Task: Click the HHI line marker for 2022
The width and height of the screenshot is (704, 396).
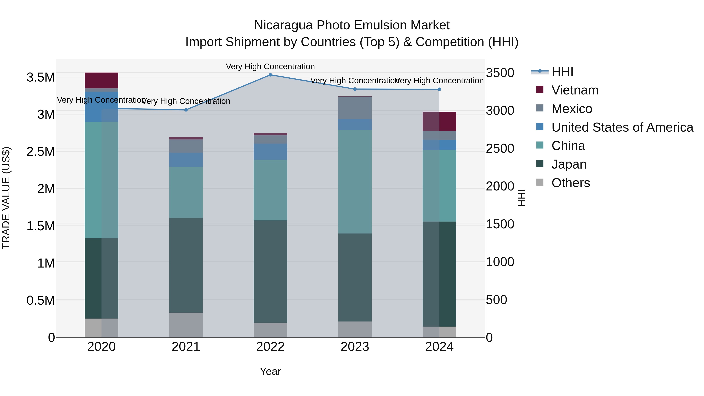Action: [x=270, y=75]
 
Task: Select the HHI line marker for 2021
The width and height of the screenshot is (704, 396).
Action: [x=186, y=110]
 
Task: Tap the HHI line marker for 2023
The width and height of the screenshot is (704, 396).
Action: [x=355, y=89]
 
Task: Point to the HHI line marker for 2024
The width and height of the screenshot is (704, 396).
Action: [x=439, y=89]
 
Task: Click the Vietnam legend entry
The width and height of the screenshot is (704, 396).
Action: [x=575, y=90]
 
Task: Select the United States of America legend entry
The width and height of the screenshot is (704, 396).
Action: [x=622, y=127]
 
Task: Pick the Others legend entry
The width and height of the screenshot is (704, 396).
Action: [x=570, y=183]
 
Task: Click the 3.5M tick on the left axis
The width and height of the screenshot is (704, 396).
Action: [x=40, y=77]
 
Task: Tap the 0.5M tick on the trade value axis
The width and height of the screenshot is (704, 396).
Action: [x=40, y=300]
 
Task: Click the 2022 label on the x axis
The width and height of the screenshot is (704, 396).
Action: [x=270, y=347]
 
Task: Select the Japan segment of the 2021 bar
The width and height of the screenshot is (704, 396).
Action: [x=186, y=265]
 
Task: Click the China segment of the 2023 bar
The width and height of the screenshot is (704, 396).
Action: [x=355, y=182]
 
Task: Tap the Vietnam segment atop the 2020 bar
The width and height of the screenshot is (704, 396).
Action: [x=101, y=80]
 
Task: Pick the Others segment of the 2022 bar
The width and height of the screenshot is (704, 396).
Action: [x=270, y=330]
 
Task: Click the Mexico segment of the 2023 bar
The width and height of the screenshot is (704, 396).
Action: [x=355, y=108]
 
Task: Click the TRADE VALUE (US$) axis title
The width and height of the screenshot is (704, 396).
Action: [x=6, y=198]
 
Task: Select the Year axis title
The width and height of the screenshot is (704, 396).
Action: [x=270, y=371]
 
